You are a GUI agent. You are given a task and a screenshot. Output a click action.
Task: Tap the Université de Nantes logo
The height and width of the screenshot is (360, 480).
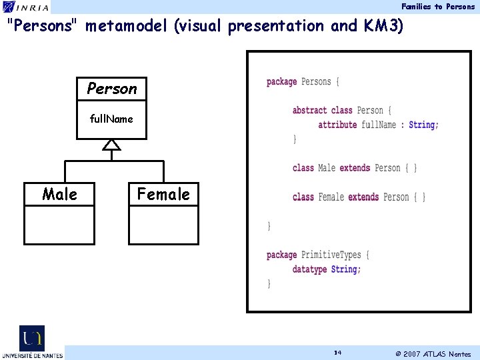pos(31,342)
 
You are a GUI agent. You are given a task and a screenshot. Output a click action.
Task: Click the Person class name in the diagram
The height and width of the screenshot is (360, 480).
pos(111,88)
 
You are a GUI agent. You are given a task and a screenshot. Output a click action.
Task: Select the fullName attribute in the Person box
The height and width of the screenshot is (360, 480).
pos(111,119)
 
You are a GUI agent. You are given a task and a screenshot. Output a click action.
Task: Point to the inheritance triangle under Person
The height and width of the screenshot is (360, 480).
pos(111,145)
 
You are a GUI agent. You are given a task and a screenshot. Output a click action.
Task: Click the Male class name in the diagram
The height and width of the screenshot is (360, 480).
pos(59,194)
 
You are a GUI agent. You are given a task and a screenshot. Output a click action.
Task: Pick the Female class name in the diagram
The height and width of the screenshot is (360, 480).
pos(163,194)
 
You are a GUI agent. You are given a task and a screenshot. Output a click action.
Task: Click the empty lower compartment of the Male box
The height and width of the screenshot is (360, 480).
pos(59,225)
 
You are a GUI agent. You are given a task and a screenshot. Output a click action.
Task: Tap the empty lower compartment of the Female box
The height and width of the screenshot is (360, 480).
pos(163,225)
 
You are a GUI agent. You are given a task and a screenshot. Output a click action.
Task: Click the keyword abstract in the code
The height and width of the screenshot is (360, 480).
pos(309,110)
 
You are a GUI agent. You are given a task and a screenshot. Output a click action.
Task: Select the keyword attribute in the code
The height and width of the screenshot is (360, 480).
pos(338,125)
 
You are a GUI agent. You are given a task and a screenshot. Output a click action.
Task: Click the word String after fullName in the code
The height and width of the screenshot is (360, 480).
pos(421,125)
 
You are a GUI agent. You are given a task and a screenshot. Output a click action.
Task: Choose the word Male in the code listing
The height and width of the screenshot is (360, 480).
pos(327,168)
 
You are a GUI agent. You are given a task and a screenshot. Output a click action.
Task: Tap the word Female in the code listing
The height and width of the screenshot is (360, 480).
pos(331,197)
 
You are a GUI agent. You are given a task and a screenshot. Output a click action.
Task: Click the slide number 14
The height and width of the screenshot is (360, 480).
pos(338,353)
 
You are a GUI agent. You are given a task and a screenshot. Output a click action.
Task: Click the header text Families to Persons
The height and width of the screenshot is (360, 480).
pos(438,7)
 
